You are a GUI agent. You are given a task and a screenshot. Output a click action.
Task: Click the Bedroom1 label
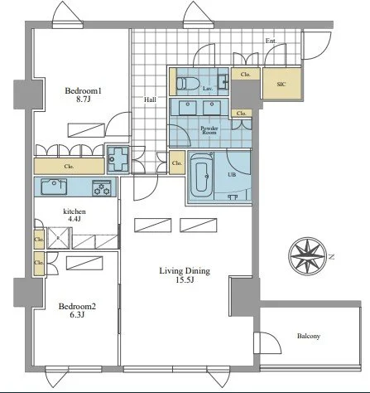pos(84,90)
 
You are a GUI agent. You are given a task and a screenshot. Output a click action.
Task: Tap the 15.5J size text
pos(185,280)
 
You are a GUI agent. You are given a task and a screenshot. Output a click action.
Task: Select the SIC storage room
pos(281,83)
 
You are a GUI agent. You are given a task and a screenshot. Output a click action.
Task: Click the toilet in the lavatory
pos(188,83)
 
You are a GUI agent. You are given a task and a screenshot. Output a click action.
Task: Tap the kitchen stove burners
pos(102,188)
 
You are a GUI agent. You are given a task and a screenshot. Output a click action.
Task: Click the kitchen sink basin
pos(54,187)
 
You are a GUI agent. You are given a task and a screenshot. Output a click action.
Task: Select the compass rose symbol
pos(308,256)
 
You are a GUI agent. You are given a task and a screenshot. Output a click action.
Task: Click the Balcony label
pos(309,336)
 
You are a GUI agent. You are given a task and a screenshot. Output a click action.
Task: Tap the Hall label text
pos(150,99)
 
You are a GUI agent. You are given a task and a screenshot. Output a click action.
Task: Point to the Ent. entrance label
pos(271,41)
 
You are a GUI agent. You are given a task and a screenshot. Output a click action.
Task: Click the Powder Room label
pos(209,130)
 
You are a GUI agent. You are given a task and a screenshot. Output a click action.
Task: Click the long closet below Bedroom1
pos(69,166)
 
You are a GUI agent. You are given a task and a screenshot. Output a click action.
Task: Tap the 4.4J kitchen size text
pos(74,219)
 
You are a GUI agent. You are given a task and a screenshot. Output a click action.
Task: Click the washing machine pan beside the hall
pos(118,159)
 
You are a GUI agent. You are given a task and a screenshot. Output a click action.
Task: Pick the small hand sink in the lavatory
pos(223,82)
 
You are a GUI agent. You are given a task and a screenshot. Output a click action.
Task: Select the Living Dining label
pos(185,270)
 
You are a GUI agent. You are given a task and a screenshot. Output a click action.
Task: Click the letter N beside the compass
pos(332,257)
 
